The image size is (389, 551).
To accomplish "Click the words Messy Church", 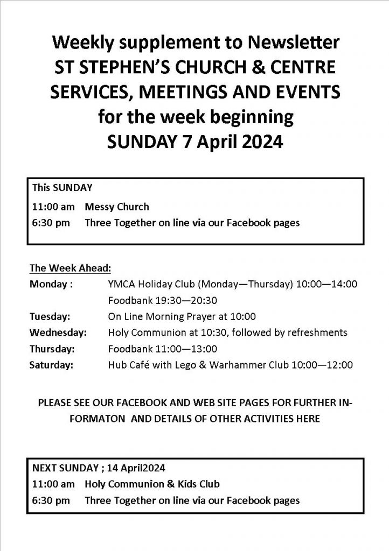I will pos(117,207).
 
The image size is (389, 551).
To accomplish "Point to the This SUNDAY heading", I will pos(62,188).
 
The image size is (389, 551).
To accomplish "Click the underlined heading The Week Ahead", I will pos(70,267).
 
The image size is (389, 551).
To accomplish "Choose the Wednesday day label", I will pos(58,333).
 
